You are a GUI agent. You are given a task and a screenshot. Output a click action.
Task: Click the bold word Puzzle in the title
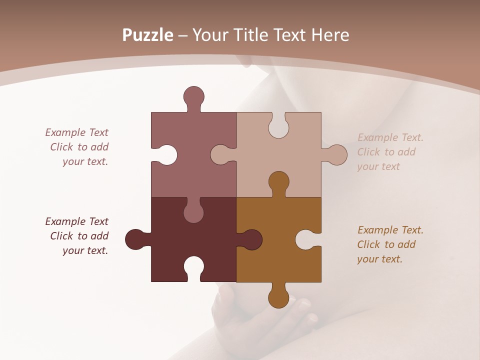[147, 35]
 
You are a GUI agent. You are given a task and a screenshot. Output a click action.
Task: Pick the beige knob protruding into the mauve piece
[220, 155]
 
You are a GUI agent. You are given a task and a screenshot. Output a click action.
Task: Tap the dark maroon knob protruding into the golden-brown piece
[251, 240]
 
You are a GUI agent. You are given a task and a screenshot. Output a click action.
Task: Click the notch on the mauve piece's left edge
[167, 155]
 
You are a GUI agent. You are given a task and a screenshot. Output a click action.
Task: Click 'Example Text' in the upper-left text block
[76, 132]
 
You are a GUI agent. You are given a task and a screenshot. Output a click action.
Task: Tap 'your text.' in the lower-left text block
[85, 250]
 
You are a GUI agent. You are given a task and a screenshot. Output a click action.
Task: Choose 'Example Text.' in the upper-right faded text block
[390, 137]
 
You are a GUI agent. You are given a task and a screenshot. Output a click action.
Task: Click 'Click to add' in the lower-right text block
[386, 244]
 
